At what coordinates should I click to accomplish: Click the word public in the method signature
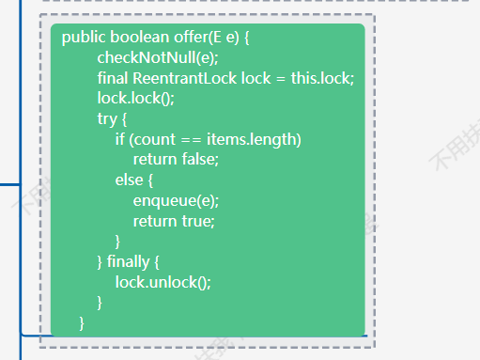point(84,38)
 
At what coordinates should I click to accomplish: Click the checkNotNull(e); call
point(158,57)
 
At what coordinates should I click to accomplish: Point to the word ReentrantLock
point(185,78)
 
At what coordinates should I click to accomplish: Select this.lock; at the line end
point(322,78)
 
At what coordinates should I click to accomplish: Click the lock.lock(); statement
point(136,99)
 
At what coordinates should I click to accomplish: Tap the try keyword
point(107,119)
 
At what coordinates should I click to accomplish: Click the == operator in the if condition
point(192,139)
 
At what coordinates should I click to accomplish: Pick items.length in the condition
point(252,139)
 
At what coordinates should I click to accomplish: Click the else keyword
point(129,180)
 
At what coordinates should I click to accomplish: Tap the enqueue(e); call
point(176,201)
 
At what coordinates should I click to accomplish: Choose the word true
point(196,221)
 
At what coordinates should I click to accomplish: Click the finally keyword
point(129,262)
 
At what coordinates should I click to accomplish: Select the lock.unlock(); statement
point(163,282)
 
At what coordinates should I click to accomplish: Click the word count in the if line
point(155,140)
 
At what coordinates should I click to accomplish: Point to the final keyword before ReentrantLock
point(113,78)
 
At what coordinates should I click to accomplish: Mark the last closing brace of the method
point(82,323)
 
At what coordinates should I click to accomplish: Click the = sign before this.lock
point(281,78)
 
